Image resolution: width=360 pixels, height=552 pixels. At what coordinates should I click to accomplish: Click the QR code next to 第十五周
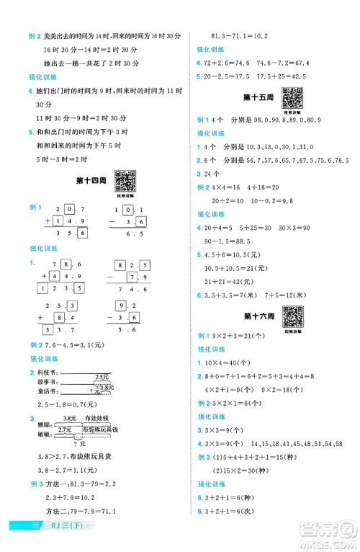pyautogui.click(x=291, y=96)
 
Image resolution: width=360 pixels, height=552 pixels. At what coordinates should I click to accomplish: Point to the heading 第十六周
pyautogui.click(x=257, y=316)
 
